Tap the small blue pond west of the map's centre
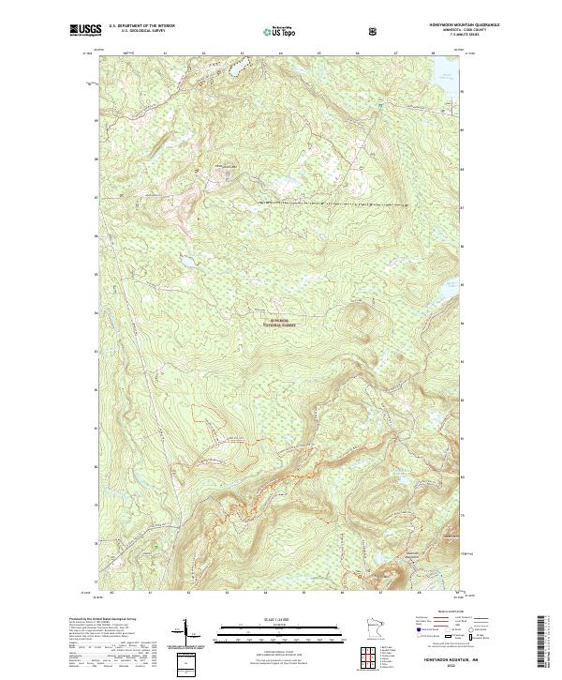point(185,255)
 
